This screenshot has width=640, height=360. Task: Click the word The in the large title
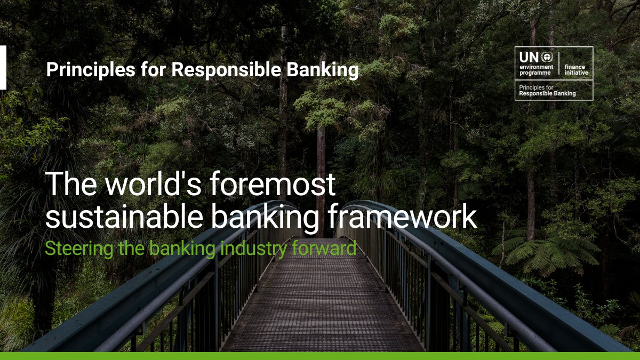click(x=72, y=185)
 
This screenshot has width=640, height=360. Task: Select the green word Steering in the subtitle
click(x=73, y=249)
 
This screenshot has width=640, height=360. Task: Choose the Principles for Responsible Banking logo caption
click(x=547, y=90)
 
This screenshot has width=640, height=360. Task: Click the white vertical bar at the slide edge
click(x=3, y=67)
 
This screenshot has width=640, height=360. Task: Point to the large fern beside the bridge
click(x=549, y=251)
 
